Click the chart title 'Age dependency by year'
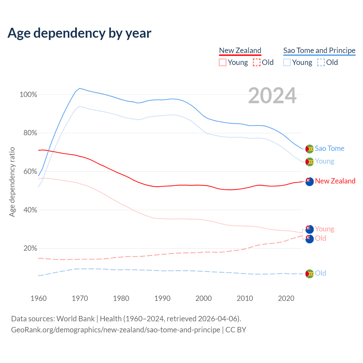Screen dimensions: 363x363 coord(79,33)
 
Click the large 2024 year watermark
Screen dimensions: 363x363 coord(272,96)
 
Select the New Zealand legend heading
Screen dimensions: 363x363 coord(240,50)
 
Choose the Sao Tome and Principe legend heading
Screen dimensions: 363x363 coord(319,50)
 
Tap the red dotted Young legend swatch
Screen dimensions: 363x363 coord(223,62)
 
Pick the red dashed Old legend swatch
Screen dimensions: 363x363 coord(257,62)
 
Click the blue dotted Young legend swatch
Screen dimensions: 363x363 coord(287,62)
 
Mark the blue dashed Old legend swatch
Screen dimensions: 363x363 coord(321,62)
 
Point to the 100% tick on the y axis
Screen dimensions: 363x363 coord(28,95)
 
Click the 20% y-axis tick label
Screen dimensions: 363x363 coord(30,248)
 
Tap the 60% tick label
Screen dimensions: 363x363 coord(30,172)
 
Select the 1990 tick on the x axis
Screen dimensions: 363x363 coord(162,298)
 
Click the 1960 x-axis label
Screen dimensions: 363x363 coord(39,298)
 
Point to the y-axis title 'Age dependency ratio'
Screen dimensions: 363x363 coord(12,182)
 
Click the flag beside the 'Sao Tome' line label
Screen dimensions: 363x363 coord(309,149)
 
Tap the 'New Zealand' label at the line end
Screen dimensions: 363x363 coord(335,181)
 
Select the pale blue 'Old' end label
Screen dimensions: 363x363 coord(320,273)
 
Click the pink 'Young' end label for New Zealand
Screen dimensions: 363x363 coord(324,229)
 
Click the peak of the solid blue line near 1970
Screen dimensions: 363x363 coord(79,88)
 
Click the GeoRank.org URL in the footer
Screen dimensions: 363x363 coord(115,330)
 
